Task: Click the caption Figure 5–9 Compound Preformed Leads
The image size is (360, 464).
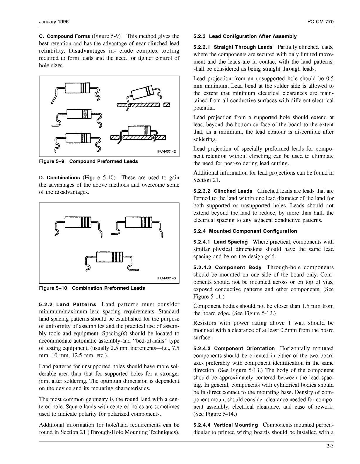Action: [88, 161]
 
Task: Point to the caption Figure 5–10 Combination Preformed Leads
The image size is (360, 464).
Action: [92, 288]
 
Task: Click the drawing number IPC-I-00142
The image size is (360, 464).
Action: [166, 151]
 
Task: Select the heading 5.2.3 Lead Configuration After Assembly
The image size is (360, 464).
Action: [245, 36]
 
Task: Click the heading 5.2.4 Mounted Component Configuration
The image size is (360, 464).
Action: [245, 231]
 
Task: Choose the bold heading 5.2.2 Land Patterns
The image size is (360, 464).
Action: [68, 305]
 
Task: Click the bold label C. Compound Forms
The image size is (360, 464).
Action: [64, 37]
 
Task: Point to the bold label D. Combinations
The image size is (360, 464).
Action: [59, 178]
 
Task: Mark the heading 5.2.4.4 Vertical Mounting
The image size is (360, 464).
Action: [226, 425]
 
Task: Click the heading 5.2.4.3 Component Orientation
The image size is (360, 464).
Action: [234, 349]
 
